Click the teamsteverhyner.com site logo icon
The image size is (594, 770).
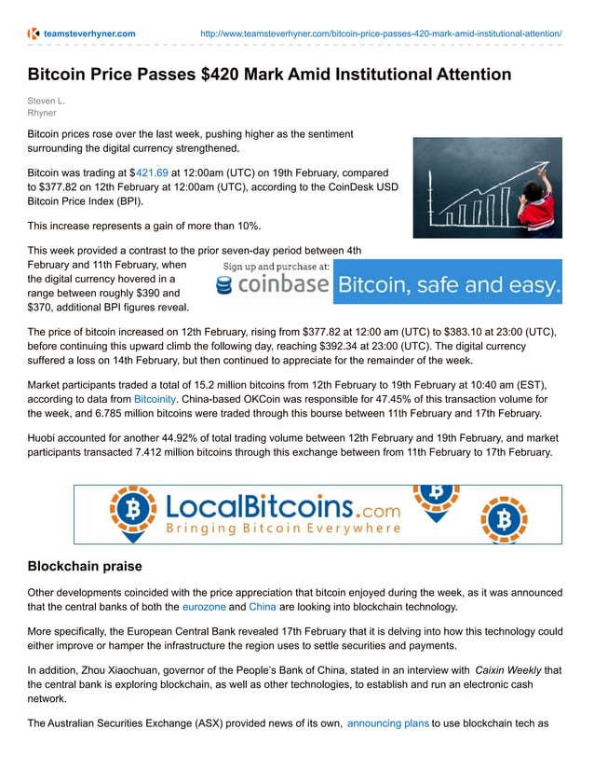[34, 34]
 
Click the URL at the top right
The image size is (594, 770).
[381, 34]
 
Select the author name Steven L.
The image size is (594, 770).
[47, 101]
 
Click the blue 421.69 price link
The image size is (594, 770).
[152, 172]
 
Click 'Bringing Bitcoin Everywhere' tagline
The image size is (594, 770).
[283, 529]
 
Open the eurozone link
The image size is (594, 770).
[203, 607]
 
